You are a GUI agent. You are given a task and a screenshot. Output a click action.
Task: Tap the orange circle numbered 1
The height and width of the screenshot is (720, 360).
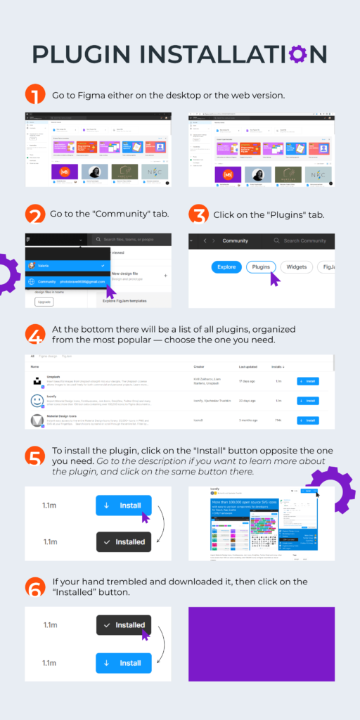point(34,94)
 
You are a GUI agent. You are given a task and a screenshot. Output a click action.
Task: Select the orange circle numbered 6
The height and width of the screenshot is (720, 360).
point(34,587)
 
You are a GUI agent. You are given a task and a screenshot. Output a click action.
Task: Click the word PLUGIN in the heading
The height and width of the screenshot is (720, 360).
point(82,54)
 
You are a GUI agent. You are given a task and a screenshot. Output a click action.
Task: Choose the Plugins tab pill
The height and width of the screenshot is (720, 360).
point(261,267)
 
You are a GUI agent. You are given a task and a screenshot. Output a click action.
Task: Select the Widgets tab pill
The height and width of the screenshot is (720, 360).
point(297,267)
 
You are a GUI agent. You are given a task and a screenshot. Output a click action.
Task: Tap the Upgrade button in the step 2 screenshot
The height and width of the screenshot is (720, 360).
point(44,302)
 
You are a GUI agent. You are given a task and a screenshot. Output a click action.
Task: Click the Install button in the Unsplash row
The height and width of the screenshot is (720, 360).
point(307,381)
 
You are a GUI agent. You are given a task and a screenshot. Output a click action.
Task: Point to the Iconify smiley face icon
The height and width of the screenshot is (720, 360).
point(37,401)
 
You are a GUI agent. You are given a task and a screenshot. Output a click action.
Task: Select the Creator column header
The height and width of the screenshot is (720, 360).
point(198,367)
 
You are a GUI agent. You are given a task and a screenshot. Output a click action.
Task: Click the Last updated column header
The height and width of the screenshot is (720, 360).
point(247,367)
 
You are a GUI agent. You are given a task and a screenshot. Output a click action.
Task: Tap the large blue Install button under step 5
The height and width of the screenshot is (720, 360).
point(123,505)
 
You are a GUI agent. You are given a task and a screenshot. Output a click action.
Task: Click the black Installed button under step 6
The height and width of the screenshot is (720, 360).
point(123,625)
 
